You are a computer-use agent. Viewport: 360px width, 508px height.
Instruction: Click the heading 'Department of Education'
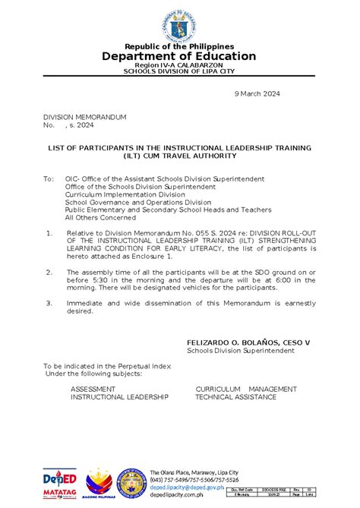[180, 56]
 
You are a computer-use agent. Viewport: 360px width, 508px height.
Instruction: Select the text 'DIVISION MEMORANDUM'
[74, 117]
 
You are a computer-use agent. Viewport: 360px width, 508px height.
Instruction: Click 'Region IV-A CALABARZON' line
[180, 66]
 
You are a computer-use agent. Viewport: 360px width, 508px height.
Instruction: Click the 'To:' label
[49, 178]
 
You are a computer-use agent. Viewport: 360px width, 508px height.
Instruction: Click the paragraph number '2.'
[50, 271]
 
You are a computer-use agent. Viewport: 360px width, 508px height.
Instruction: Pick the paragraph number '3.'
[50, 302]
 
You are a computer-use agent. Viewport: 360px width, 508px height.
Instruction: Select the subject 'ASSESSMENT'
[93, 389]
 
